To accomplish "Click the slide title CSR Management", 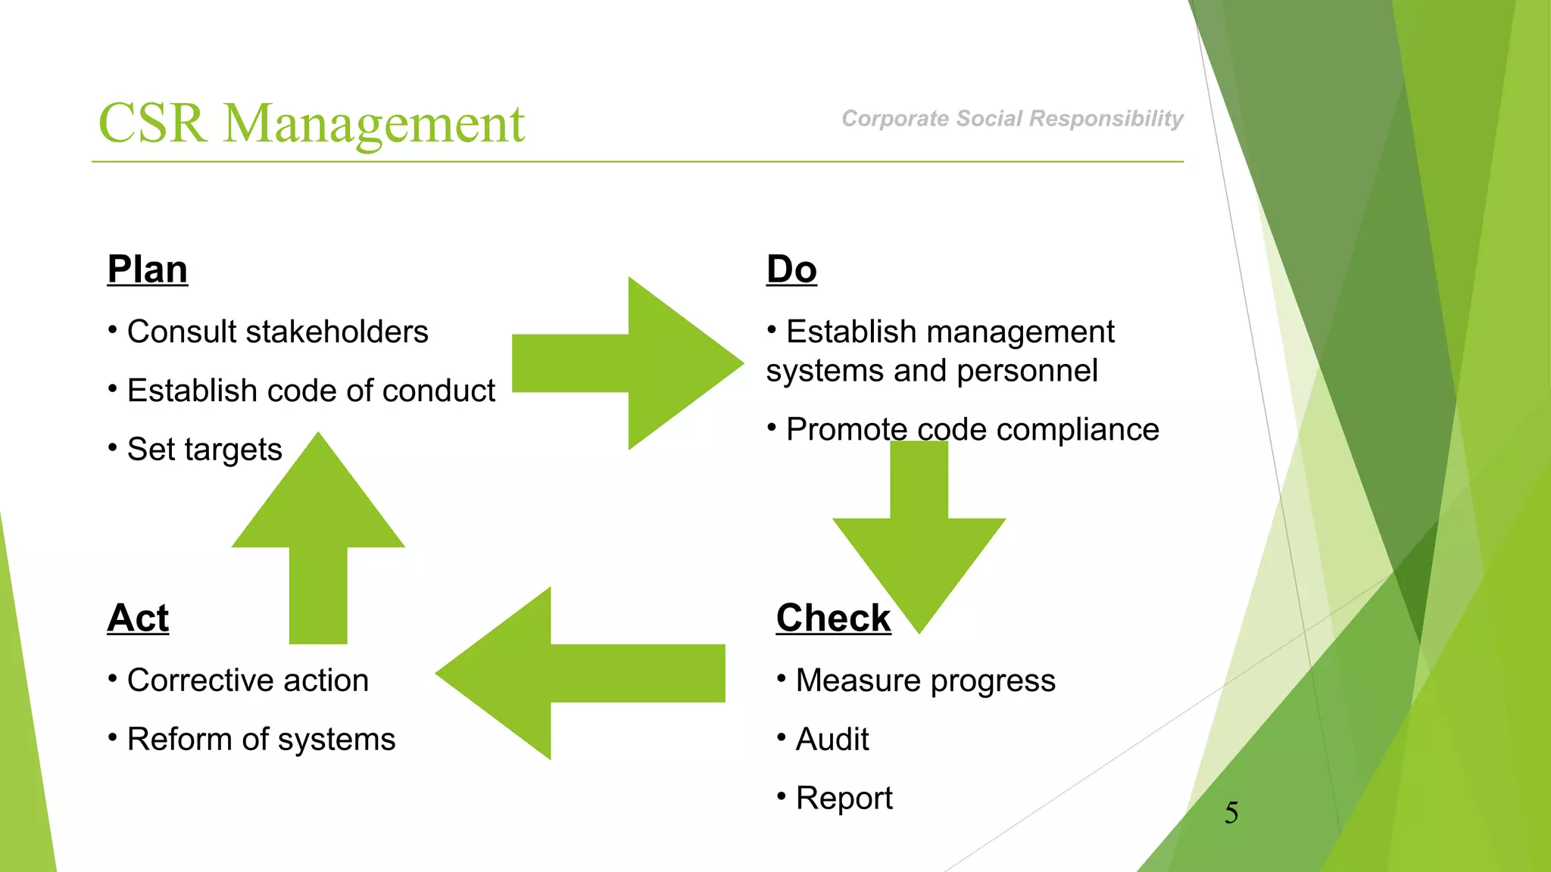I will (311, 123).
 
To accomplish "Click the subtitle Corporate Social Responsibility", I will (1012, 119).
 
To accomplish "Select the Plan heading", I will (148, 269).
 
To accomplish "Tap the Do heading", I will (791, 269).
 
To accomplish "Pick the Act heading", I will (138, 618).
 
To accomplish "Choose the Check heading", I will (833, 618).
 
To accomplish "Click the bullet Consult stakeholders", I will (277, 332).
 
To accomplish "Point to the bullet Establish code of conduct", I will (311, 391).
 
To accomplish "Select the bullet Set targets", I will (204, 450).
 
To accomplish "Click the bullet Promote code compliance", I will (972, 430).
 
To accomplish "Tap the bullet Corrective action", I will (248, 680).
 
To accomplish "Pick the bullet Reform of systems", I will (261, 740).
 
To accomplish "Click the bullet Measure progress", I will (925, 680).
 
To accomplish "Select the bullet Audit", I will (832, 740).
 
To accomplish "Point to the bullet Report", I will (844, 799).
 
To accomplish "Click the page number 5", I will (1231, 813).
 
